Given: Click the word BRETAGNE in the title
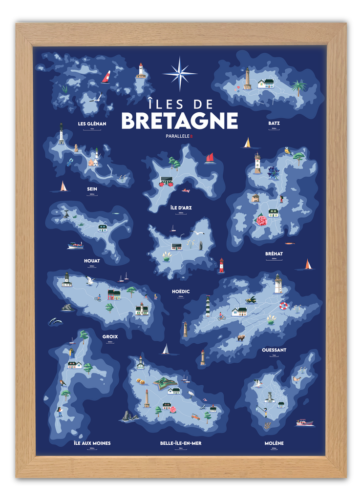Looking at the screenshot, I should click(x=179, y=121).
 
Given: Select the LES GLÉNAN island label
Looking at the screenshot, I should click(x=92, y=124).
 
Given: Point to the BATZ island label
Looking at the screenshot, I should click(x=274, y=123).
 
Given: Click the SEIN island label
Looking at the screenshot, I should click(x=92, y=189).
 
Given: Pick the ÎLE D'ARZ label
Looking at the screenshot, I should click(x=180, y=208).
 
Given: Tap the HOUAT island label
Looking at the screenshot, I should click(x=92, y=261).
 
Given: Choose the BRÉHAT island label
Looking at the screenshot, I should click(x=274, y=254).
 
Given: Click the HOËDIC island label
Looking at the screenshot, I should click(x=181, y=292).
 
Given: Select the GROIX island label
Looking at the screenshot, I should click(x=110, y=336).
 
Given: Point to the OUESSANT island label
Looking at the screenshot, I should click(x=274, y=350).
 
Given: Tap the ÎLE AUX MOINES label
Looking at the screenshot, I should click(x=92, y=443).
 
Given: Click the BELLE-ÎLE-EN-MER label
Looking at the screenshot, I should click(x=181, y=443).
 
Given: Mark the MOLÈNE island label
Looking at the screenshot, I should click(x=274, y=443).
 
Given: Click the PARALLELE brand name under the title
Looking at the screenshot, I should click(x=178, y=137).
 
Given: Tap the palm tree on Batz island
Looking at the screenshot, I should click(x=297, y=87).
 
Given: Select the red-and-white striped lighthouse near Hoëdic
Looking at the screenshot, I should click(x=221, y=265).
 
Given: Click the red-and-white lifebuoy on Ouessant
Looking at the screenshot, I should click(x=283, y=306).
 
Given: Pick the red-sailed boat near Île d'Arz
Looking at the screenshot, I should click(x=210, y=158).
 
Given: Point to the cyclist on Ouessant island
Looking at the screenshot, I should click(x=221, y=316).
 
